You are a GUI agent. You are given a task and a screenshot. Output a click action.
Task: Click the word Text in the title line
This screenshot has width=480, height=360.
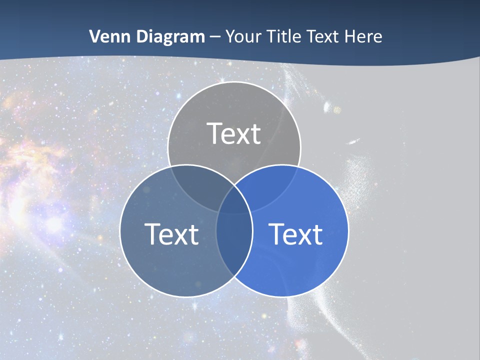[325, 36]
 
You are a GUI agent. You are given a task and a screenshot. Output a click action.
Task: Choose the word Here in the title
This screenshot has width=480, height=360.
[366, 36]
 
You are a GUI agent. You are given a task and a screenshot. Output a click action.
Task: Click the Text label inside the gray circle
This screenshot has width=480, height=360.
[234, 134]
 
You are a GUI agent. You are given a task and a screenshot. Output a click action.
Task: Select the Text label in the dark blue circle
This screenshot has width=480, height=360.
[171, 234]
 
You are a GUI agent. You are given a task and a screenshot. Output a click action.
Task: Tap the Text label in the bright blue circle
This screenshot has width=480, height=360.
[296, 234]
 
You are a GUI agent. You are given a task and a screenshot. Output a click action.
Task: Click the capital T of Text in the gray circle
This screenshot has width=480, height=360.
[214, 134]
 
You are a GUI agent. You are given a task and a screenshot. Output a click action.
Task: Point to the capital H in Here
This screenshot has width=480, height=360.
[353, 36]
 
